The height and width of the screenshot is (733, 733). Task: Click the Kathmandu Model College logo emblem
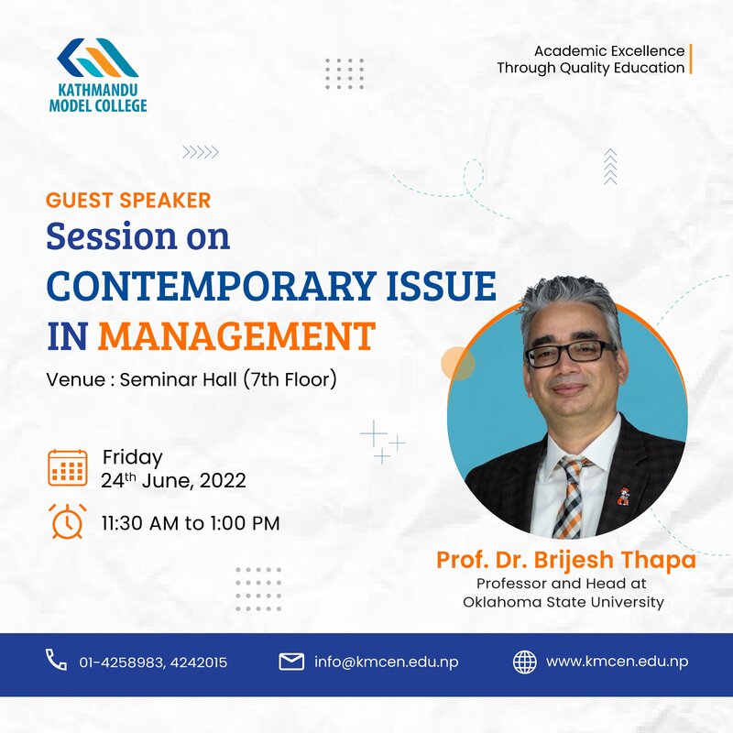pos(97,58)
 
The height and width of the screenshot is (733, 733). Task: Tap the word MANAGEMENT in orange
pos(236,335)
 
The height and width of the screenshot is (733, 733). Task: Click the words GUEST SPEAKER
pos(128,200)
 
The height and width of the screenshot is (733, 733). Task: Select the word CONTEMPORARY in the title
pos(212,286)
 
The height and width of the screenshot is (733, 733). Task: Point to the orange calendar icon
pos(68,467)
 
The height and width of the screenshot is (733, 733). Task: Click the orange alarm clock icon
pos(68,521)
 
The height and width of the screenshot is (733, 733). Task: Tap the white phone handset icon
pos(56,660)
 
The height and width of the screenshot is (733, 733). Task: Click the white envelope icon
pos(291,662)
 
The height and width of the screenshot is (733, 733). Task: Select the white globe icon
pos(525,662)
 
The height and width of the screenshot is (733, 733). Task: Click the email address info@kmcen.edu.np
pos(386,662)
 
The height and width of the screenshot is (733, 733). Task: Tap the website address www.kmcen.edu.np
pos(617,662)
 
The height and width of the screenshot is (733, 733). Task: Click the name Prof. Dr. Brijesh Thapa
pos(566,560)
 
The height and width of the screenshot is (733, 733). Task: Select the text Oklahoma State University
pos(563,602)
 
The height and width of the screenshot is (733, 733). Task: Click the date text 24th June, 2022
pos(173,480)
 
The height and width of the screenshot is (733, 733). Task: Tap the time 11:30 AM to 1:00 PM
pos(191,523)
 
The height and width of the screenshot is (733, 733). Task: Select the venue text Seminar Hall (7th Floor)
pos(228,379)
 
